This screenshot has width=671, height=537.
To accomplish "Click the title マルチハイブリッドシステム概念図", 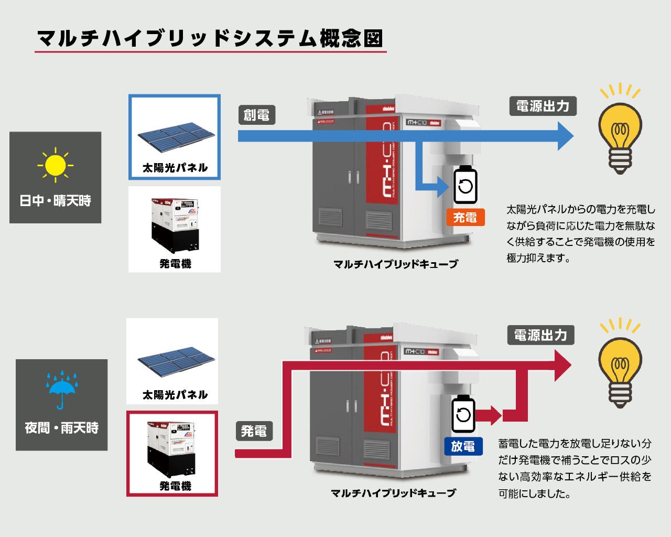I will point(210,38).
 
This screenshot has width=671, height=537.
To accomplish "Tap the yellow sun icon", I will point(55,165).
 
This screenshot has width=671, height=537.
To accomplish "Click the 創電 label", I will point(256,115).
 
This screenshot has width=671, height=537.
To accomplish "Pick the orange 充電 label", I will point(465,217).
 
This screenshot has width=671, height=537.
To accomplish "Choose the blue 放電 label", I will point(463,446).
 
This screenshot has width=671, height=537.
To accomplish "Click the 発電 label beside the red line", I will point(254,431).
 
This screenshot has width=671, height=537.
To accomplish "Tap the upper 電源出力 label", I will point(543,106).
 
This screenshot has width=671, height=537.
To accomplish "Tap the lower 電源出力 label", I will point(540,335).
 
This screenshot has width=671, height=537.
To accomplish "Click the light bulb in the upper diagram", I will point(620,131).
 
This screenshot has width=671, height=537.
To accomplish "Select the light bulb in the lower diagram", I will point(620,365).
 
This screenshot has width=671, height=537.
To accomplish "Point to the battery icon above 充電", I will point(465,185).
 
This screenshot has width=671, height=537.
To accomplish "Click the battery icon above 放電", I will point(463,414).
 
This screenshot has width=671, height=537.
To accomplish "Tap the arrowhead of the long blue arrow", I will point(565,136).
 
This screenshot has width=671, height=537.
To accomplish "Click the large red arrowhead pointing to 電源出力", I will point(562,366).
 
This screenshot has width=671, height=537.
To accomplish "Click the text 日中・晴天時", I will point(55,200).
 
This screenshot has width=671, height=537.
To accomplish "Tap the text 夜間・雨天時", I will point(61,428).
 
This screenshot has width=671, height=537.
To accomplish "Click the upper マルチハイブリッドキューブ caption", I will point(396,264).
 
